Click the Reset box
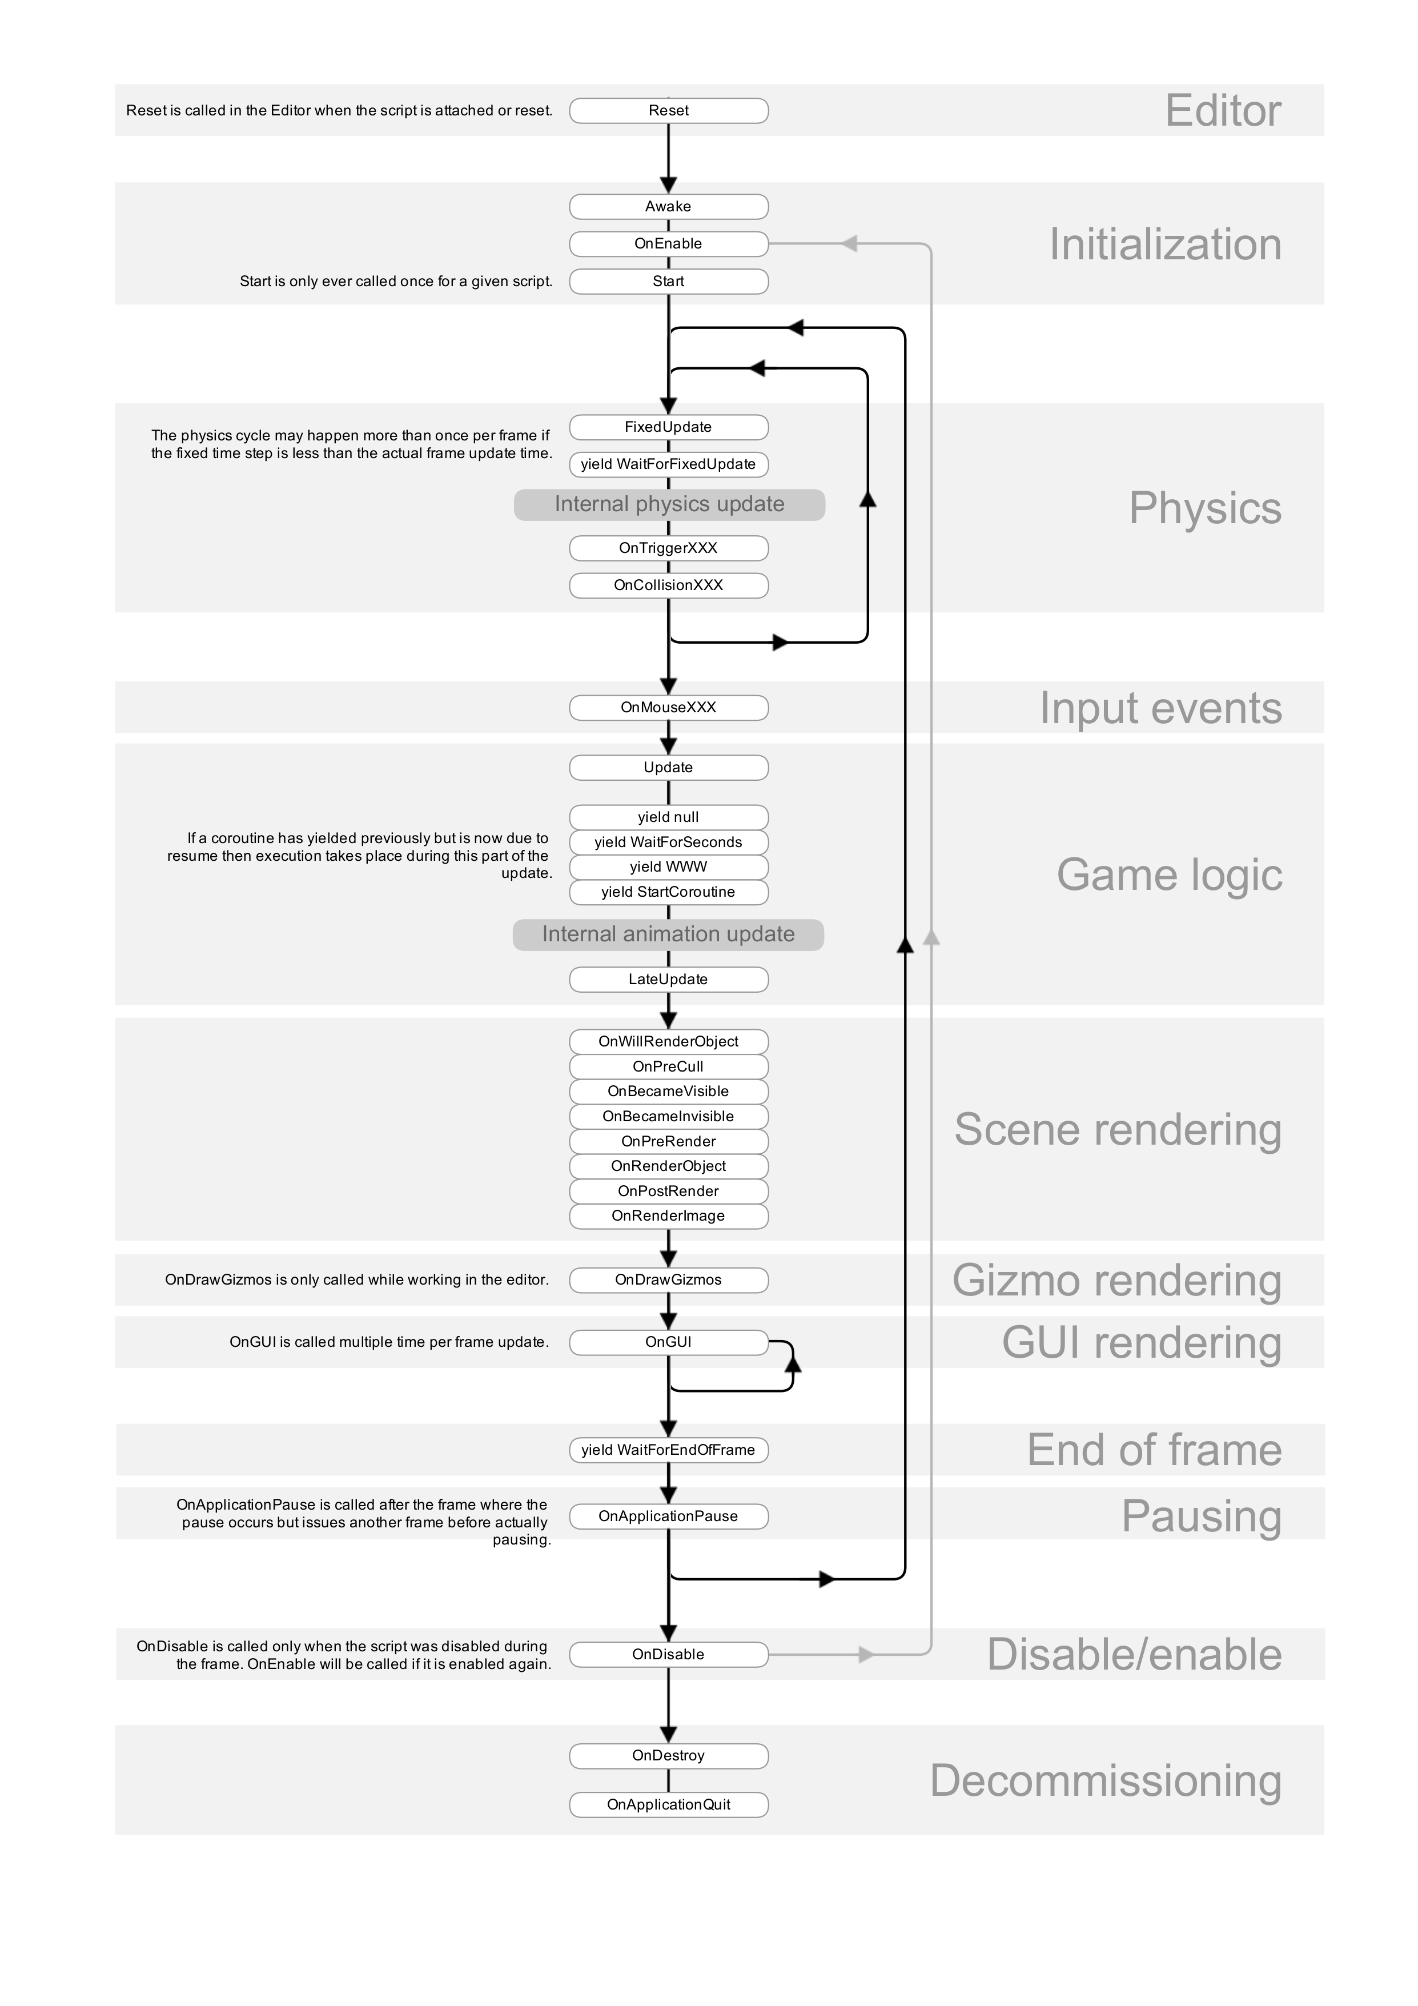[x=668, y=111]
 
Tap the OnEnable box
[x=668, y=244]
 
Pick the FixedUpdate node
[x=668, y=427]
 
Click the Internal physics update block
[x=669, y=505]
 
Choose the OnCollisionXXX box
[x=668, y=585]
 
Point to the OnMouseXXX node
[x=668, y=708]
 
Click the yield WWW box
[x=668, y=866]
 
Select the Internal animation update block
[x=668, y=935]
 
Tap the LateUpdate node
[x=668, y=980]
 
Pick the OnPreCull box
[x=668, y=1067]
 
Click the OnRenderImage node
[x=668, y=1216]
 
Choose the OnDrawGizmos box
[x=668, y=1280]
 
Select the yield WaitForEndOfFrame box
[x=668, y=1450]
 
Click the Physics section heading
[x=1205, y=508]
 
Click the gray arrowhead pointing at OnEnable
[x=849, y=244]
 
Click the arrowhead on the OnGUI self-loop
[x=793, y=1359]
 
